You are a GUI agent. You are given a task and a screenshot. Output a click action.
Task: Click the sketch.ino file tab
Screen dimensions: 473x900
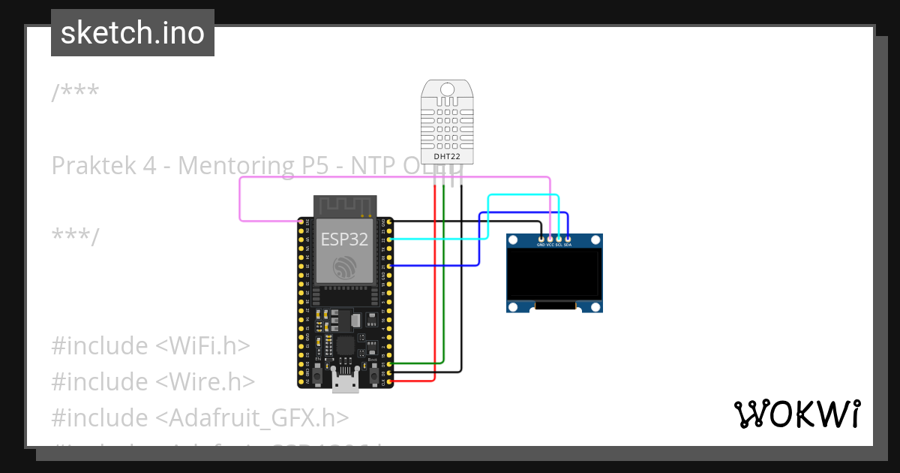[133, 33]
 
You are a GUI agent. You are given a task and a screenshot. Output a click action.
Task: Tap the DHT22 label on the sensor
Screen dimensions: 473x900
[447, 156]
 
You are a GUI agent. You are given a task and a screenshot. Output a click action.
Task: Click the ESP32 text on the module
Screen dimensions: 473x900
[344, 239]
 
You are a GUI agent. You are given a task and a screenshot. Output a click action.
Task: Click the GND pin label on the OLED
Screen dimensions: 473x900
[541, 245]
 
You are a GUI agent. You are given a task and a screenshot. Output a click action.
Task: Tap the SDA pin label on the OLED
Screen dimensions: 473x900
[568, 245]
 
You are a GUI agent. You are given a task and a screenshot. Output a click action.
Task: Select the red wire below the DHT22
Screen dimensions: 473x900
[434, 285]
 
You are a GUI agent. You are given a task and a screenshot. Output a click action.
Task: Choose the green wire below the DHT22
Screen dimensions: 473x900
[444, 285]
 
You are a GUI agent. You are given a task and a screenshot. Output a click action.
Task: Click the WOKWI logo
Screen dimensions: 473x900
[796, 414]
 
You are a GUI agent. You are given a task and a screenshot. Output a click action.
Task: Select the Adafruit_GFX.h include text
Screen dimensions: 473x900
[252, 418]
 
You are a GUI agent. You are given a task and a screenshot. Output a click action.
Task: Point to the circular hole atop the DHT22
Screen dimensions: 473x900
[447, 89]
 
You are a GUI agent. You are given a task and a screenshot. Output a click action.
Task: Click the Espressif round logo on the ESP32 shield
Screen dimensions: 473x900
[344, 267]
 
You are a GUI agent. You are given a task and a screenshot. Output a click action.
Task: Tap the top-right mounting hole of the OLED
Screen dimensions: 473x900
[596, 240]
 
